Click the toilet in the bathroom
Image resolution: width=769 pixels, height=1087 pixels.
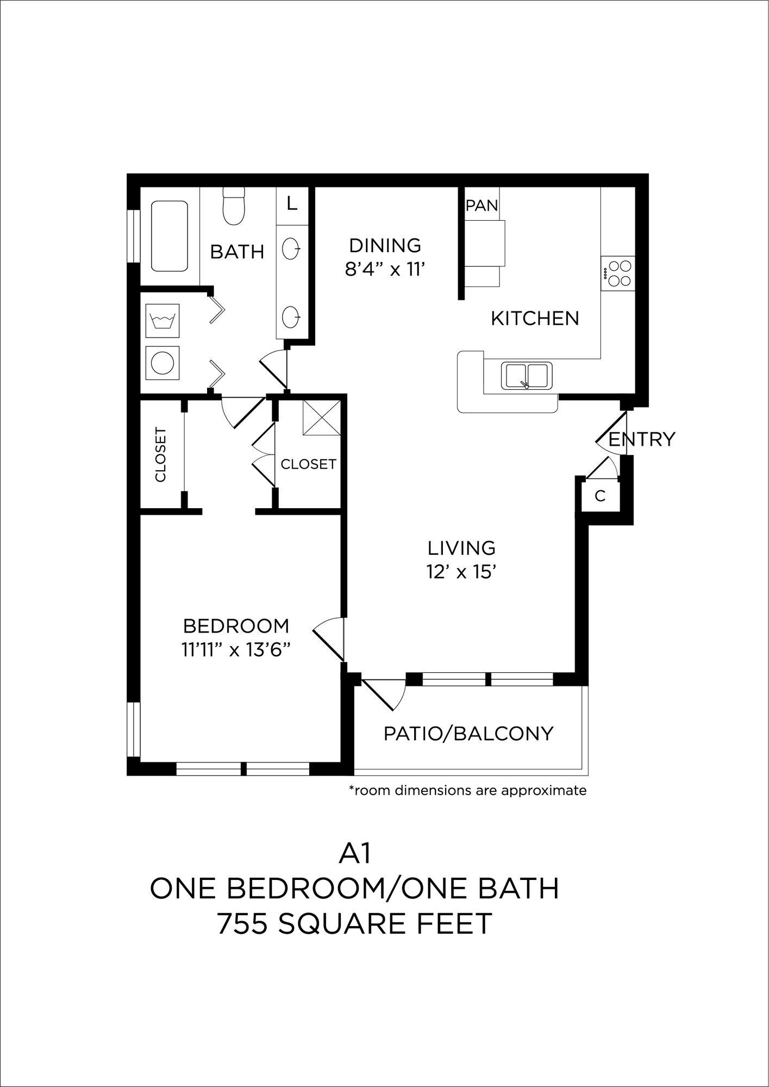point(234,207)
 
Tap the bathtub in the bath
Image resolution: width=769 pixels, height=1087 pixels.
point(170,236)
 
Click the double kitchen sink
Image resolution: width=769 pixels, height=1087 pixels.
point(526,376)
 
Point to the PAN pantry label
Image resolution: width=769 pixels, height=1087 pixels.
point(482,205)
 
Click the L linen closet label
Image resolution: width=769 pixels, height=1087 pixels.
point(292,204)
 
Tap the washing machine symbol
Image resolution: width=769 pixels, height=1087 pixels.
point(162,320)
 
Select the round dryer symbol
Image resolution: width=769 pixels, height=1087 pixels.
point(162,363)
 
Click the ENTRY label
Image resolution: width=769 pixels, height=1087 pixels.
point(642,439)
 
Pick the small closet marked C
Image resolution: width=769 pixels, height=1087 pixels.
point(600,496)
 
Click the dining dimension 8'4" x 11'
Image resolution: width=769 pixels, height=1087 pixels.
point(384,269)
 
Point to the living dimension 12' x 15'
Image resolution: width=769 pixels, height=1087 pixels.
point(461,572)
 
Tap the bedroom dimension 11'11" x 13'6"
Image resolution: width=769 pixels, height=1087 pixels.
point(236,650)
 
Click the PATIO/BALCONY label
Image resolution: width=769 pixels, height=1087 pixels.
point(468,734)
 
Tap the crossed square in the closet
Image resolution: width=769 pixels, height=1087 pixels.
point(322,417)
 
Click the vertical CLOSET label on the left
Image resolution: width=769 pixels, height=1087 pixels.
point(160,455)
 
